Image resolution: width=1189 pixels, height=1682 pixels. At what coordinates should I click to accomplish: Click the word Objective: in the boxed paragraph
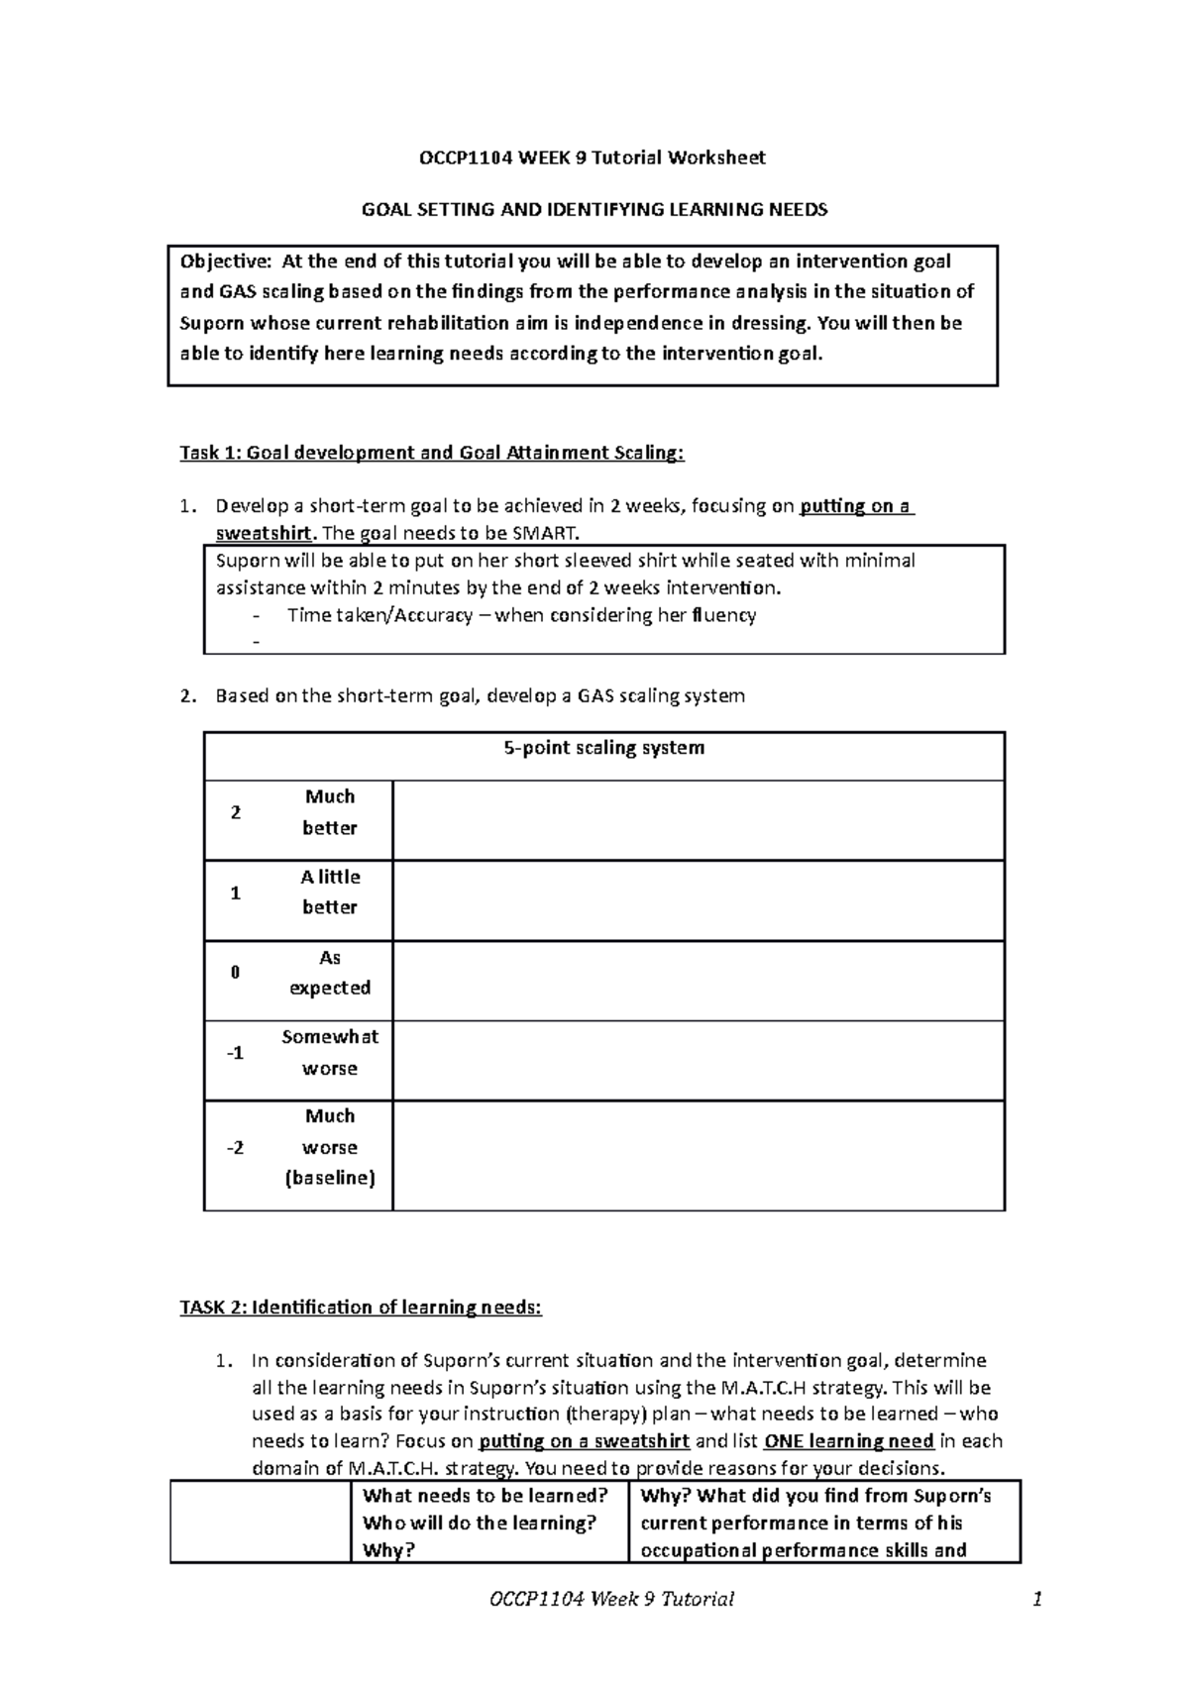[224, 262]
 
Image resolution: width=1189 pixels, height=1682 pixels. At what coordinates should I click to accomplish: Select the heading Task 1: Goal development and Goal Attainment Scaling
[431, 454]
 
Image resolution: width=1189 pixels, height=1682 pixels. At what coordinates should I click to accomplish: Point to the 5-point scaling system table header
[603, 748]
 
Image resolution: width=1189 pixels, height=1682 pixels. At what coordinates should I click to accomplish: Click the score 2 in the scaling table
[235, 813]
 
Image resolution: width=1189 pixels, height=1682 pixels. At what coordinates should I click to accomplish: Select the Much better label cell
[330, 812]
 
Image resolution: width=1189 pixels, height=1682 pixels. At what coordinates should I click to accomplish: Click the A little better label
[330, 893]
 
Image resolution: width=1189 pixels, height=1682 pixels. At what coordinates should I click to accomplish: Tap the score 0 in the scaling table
[235, 973]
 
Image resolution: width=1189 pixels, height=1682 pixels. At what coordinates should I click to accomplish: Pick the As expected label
[330, 973]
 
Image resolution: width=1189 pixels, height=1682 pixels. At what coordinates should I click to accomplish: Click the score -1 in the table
[234, 1053]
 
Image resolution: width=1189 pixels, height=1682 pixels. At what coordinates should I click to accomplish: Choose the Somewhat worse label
[330, 1053]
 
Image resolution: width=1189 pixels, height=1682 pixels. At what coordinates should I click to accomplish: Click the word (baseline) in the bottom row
[330, 1179]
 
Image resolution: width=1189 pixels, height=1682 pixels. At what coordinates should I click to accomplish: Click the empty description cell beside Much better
[698, 819]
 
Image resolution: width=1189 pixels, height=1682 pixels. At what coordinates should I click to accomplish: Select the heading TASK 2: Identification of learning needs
[361, 1308]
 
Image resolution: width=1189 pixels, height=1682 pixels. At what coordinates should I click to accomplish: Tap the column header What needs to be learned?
[485, 1496]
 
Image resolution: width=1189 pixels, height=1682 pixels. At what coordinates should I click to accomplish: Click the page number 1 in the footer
[1036, 1599]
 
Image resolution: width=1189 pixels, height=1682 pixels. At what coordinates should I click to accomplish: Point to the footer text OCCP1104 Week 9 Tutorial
[611, 1599]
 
